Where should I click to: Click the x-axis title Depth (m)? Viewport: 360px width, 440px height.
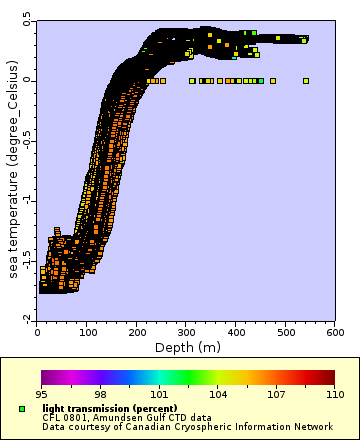pos(187,347)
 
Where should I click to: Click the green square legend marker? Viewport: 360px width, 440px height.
pos(21,409)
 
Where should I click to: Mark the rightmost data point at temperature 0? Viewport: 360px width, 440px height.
pos(306,81)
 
